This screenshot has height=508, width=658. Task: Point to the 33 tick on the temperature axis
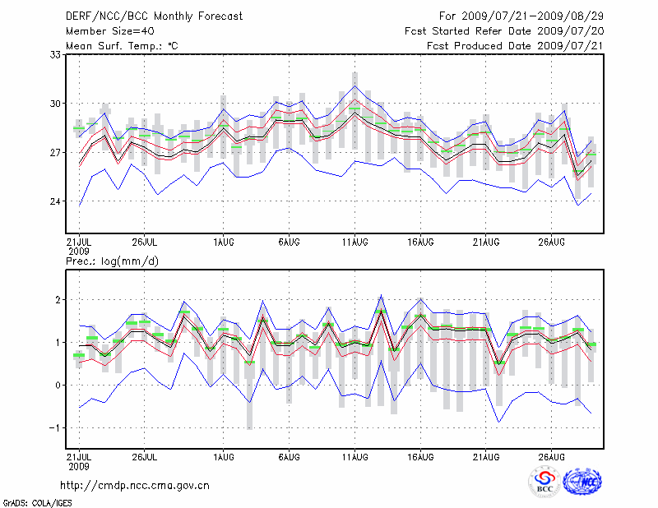[x=56, y=54]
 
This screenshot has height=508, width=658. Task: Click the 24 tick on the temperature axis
[x=56, y=202]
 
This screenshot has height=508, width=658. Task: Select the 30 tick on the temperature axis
[x=56, y=104]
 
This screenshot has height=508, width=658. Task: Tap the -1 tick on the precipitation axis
[x=56, y=427]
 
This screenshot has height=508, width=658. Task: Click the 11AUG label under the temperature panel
[x=354, y=242]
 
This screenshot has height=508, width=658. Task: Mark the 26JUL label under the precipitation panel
[x=144, y=456]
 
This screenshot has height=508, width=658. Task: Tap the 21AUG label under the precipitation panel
[x=486, y=456]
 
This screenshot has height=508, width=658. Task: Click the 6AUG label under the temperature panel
[x=289, y=242]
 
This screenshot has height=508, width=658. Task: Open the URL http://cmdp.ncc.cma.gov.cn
[x=135, y=485]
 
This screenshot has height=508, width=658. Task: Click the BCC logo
[x=544, y=483]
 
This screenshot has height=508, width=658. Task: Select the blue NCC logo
[x=582, y=483]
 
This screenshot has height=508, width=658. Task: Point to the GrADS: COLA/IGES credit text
[x=37, y=501]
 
